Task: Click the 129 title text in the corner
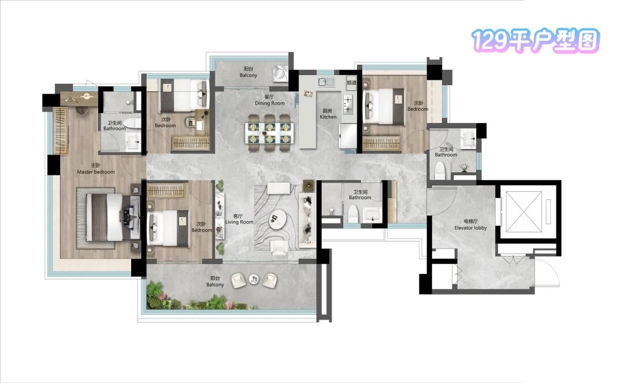(x=535, y=40)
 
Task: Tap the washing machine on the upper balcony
(x=280, y=73)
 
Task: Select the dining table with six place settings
(x=270, y=133)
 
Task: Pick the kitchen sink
(x=325, y=82)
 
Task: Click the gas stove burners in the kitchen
(x=348, y=104)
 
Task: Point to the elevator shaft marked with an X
(x=523, y=211)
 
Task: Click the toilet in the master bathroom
(x=131, y=123)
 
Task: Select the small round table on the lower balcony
(x=254, y=279)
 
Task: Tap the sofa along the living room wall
(x=307, y=220)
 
